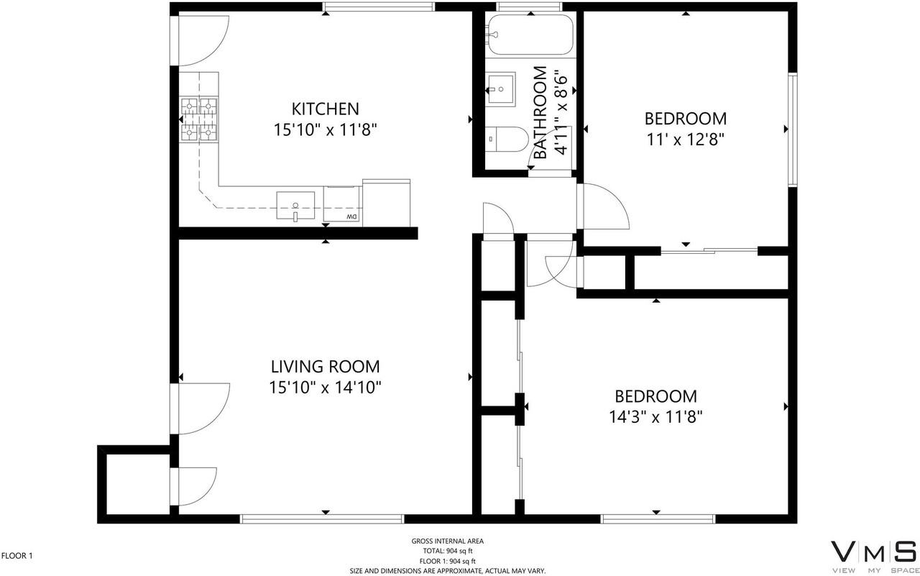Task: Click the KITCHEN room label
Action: point(326,109)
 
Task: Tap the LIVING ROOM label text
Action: point(326,367)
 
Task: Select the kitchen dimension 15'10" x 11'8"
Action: point(326,130)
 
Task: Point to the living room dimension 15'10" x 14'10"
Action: point(326,388)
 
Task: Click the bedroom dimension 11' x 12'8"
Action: point(685,140)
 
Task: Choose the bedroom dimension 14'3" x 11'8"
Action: point(655,417)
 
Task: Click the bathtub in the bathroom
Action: point(530,35)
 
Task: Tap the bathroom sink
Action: point(500,89)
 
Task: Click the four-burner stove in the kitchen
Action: point(199,119)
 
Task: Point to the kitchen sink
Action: point(295,206)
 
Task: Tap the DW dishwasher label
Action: point(352,216)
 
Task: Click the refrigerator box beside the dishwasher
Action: point(386,203)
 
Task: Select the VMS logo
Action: point(873,558)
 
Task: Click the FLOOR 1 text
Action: point(17,556)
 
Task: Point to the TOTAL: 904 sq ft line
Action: point(448,551)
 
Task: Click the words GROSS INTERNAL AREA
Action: point(448,541)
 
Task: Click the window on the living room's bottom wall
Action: point(322,519)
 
